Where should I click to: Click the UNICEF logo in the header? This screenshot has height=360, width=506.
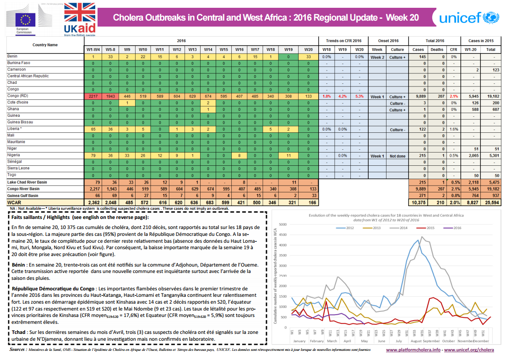468,18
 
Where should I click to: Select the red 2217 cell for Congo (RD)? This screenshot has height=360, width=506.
93,97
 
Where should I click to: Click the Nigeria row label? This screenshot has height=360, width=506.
14,156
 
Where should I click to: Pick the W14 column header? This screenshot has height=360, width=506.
208,49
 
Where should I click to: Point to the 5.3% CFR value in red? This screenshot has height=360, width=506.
359,97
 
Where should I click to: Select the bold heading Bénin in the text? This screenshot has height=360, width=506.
19,265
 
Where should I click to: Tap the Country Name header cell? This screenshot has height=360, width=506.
45,45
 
